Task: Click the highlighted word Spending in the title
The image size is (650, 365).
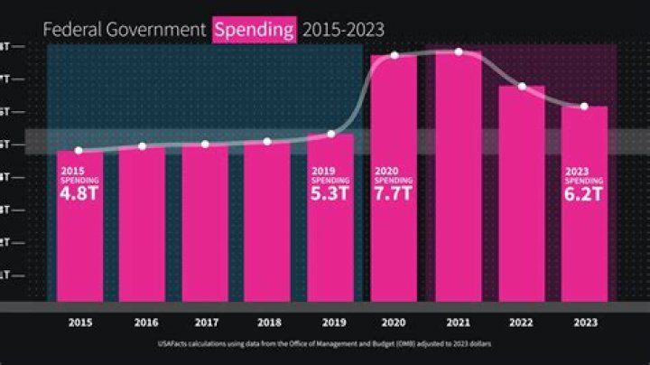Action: tap(255, 30)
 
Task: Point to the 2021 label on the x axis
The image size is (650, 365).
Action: tap(457, 321)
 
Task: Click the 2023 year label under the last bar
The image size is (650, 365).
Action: tap(584, 321)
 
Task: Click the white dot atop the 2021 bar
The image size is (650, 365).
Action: tap(459, 51)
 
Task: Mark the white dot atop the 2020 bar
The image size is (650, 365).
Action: tap(395, 56)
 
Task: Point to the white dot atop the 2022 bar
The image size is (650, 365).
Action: tap(522, 87)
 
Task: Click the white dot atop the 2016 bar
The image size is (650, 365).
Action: tap(143, 146)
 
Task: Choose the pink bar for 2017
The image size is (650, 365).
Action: tap(205, 226)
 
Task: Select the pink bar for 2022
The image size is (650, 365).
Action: tap(522, 199)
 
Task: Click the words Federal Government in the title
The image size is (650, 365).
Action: tap(125, 30)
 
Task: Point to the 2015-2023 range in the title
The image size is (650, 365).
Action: tap(343, 30)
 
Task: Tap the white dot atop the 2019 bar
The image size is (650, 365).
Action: tap(331, 135)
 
